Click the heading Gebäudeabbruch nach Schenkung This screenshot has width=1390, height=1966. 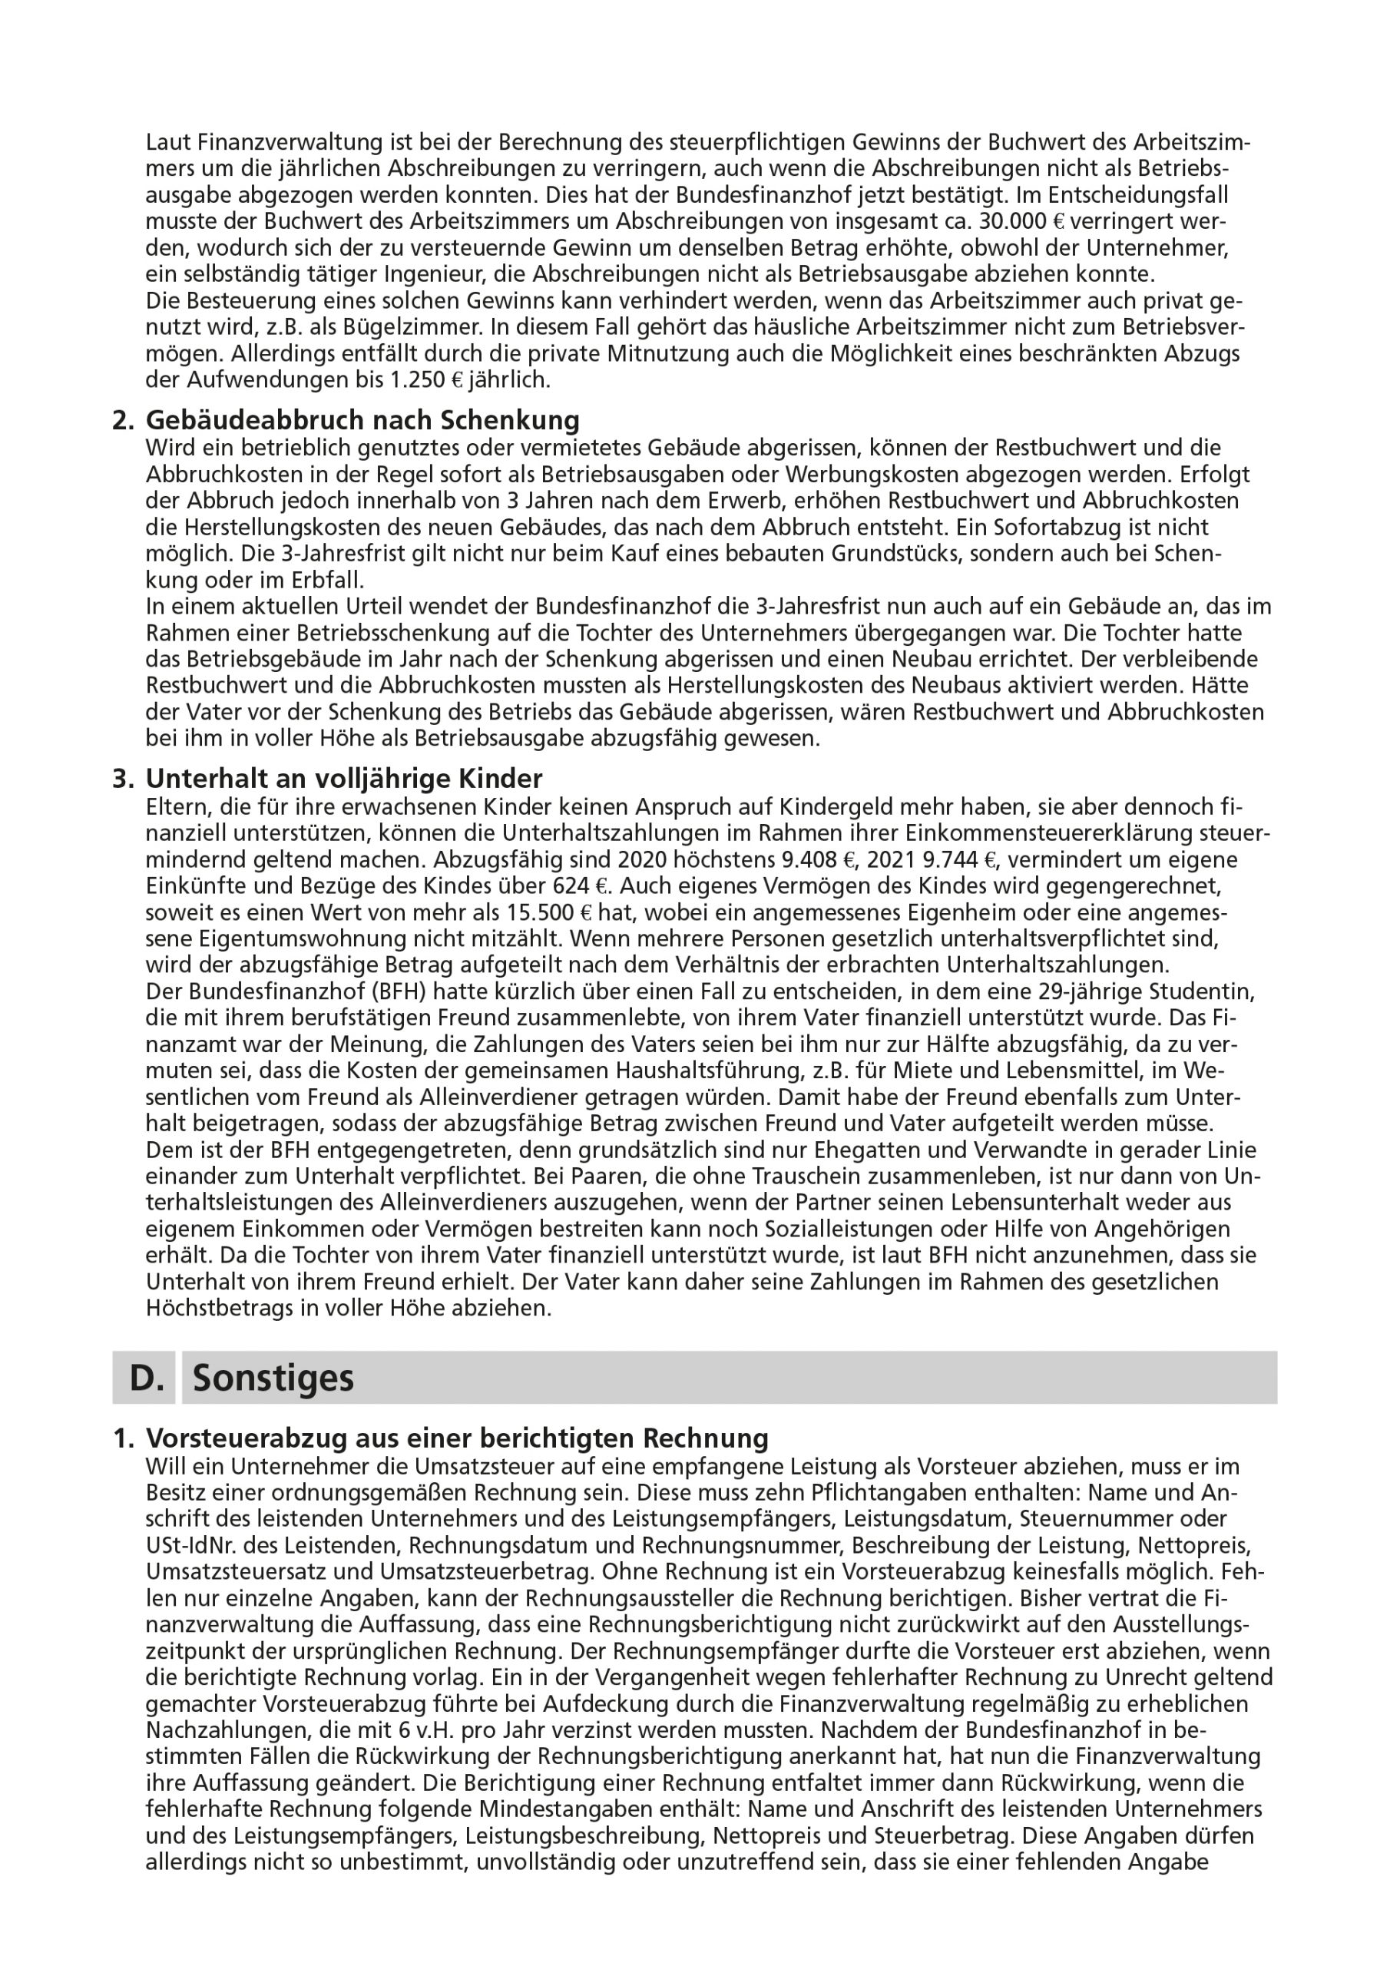point(362,420)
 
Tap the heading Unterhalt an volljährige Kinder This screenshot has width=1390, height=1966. point(343,779)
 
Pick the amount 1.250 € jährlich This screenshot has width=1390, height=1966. point(470,380)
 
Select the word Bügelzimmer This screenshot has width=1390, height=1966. point(397,328)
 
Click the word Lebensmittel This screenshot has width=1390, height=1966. point(994,1071)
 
